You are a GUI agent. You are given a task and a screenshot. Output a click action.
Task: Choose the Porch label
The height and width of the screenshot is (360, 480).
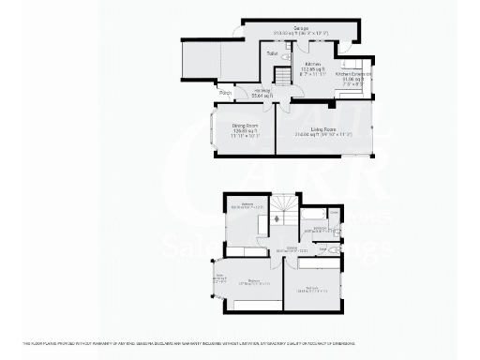(225, 93)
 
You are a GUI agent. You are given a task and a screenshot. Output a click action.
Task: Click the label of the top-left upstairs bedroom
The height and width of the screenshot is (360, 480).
(249, 205)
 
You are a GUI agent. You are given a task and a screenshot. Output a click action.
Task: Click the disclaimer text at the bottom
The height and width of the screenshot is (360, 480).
(240, 340)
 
